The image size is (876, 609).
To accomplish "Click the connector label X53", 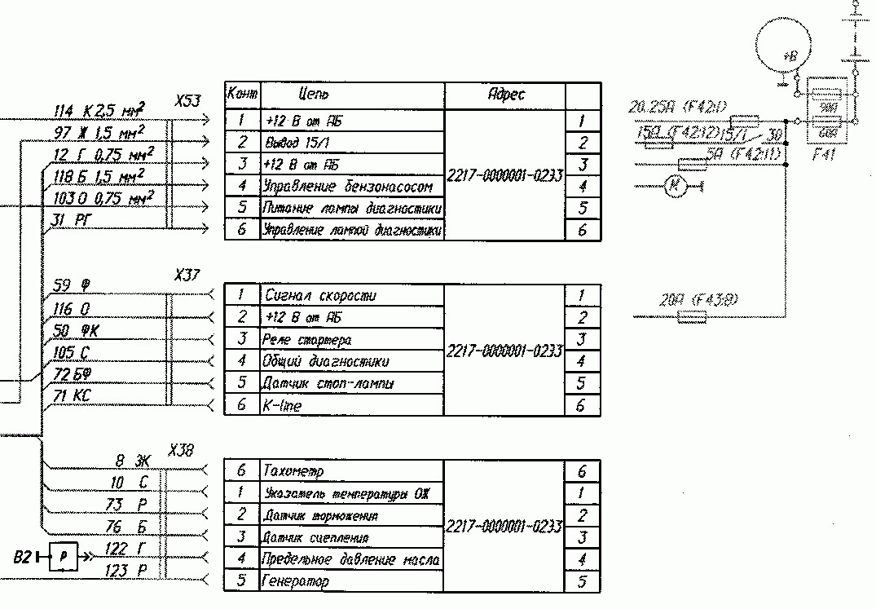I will pos(187,101).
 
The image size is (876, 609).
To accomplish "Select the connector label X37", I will pos(187,276).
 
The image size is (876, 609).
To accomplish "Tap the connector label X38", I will pos(181,450).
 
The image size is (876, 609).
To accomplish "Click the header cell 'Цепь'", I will pos(315,95).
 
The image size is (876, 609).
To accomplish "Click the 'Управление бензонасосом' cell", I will pos(352,187).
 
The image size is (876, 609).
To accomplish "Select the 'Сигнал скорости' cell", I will pos(319,295).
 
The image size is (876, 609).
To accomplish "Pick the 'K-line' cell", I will pos(282,405).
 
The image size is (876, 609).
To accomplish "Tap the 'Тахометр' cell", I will pos(293,471).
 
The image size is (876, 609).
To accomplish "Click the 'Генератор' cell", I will pos(296,581).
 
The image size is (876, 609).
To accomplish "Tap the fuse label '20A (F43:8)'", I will pos(698,302).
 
